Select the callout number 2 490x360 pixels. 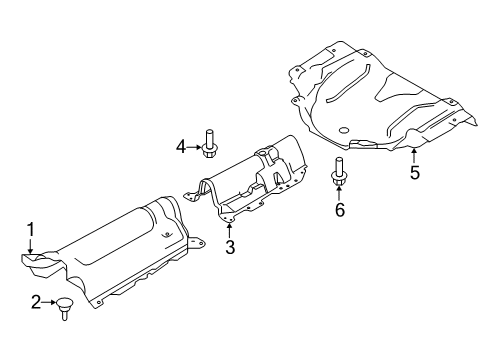[36, 301]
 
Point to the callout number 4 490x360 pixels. [181, 148]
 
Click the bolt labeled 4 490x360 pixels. [211, 146]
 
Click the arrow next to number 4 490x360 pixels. [195, 148]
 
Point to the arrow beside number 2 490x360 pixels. [51, 301]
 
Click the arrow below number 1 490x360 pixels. [31, 246]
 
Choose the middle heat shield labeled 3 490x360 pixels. [250, 180]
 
